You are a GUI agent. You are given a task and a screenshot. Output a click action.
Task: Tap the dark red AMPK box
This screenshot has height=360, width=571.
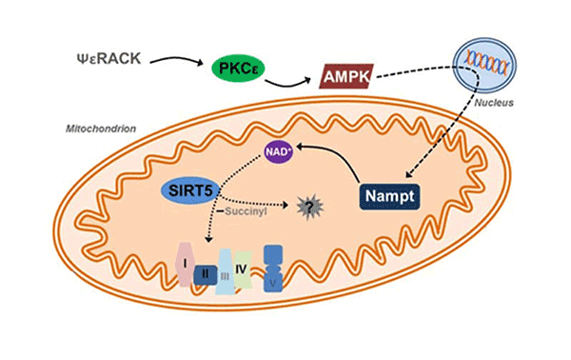[x=344, y=73]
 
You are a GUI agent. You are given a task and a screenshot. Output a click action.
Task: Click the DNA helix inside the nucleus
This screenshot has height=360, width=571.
[x=482, y=59]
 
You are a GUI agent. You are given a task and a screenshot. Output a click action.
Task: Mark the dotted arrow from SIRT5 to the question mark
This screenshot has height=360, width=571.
[x=266, y=202]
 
